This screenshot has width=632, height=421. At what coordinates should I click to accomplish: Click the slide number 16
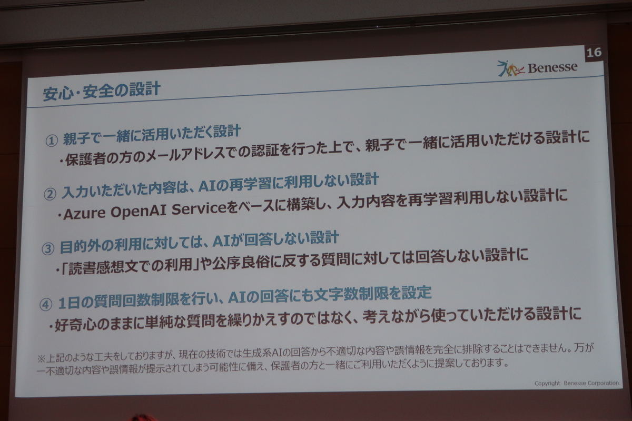pos(594,53)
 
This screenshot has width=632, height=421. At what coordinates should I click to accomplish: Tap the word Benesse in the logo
pos(552,67)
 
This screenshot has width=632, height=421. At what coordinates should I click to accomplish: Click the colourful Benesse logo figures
pos(510,68)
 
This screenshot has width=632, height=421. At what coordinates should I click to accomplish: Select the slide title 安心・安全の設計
pos(102,91)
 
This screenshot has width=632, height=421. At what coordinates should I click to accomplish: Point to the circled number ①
pos(52,141)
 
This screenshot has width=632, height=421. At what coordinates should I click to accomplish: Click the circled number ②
pos(50,194)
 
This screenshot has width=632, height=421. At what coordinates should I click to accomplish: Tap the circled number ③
pos(48,249)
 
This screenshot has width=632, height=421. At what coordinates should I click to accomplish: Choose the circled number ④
pos(46,305)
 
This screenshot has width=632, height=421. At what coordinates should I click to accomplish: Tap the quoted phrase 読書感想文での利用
pos(130,266)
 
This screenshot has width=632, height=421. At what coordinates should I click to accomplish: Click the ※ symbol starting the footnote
pos(41,359)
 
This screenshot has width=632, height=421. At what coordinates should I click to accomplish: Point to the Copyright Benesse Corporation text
pos(577,383)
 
